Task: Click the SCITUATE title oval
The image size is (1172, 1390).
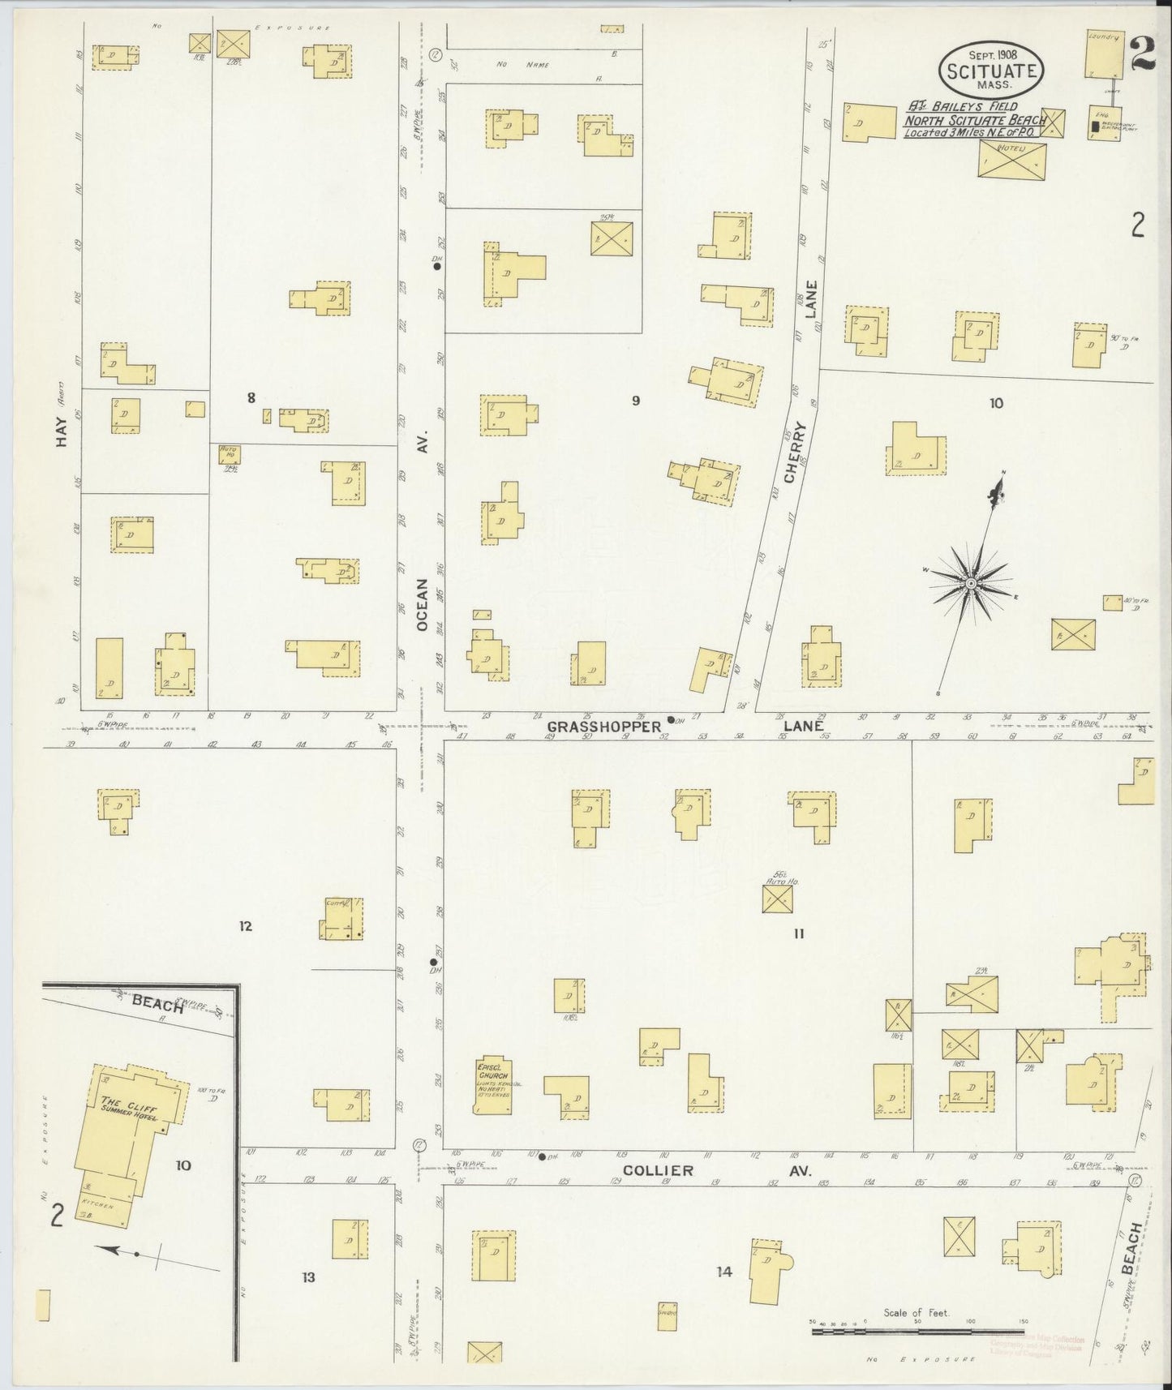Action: [x=991, y=69]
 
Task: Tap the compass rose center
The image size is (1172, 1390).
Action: [x=970, y=584]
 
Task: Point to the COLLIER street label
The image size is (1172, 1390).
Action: [x=658, y=1170]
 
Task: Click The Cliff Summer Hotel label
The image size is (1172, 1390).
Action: [x=129, y=1106]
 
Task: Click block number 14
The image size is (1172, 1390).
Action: [x=723, y=1272]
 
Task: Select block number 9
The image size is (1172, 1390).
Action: [x=636, y=400]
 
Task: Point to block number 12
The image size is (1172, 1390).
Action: [x=246, y=925]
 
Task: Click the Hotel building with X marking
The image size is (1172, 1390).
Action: [x=1011, y=161]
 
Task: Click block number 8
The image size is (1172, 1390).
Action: [x=251, y=397]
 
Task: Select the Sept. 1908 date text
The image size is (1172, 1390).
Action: [x=991, y=54]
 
